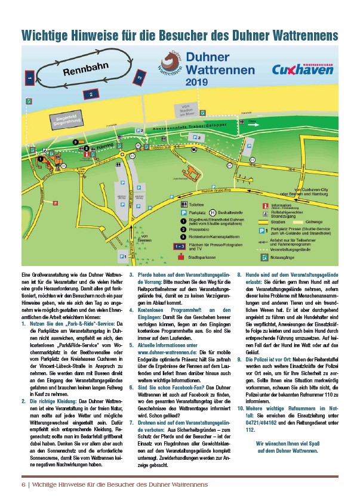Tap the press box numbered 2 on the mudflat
click(89, 94)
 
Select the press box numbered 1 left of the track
click(29, 76)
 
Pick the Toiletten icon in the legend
click(184, 203)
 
